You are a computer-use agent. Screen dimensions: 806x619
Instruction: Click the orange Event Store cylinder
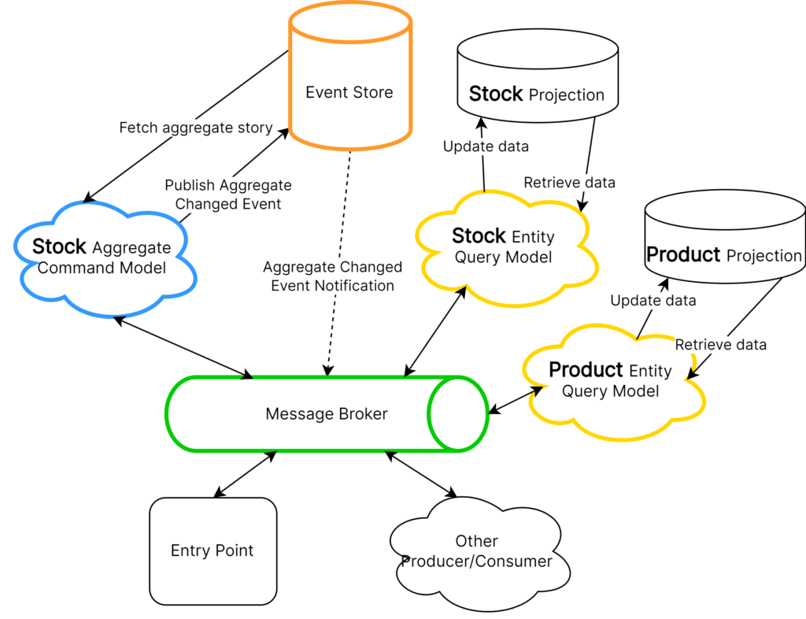point(350,76)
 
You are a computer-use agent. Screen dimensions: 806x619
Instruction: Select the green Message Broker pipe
point(327,414)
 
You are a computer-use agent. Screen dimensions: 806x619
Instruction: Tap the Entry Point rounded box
point(213,551)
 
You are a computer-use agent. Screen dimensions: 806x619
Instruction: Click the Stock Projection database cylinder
point(538,76)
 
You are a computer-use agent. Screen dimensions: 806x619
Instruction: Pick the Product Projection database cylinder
point(725,236)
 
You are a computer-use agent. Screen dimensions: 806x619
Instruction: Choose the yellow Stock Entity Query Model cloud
point(506,250)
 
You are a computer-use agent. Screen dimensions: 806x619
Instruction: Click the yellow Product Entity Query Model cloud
point(614,383)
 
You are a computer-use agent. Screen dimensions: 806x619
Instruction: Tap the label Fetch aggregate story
point(196,128)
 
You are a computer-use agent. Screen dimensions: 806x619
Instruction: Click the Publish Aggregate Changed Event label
point(228,195)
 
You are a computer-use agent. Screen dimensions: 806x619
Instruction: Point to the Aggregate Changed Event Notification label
point(333,276)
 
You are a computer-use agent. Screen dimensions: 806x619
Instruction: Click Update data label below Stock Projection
point(486,146)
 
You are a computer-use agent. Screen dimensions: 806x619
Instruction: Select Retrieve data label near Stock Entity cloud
point(570,183)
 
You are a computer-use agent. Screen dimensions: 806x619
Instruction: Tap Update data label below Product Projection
point(653,300)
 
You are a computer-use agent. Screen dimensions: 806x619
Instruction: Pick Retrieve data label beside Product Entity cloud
point(721,344)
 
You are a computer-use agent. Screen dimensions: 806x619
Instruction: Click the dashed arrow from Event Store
point(338,263)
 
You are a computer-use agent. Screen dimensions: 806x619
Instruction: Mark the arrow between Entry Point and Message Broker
point(246,475)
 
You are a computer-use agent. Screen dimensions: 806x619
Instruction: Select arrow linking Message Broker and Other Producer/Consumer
point(420,475)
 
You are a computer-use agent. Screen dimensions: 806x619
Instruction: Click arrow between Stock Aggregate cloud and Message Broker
point(183,348)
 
